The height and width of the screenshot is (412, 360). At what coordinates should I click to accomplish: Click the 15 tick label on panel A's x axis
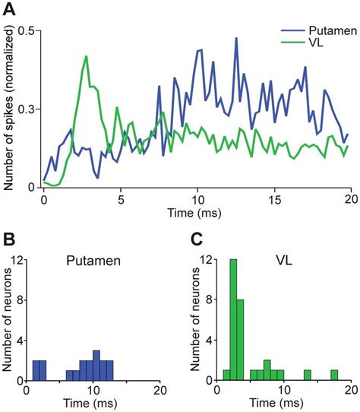tap(273, 198)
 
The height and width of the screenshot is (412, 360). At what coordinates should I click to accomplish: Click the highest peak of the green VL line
tap(87, 56)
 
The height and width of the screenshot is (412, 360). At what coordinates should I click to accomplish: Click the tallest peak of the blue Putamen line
tap(237, 39)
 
